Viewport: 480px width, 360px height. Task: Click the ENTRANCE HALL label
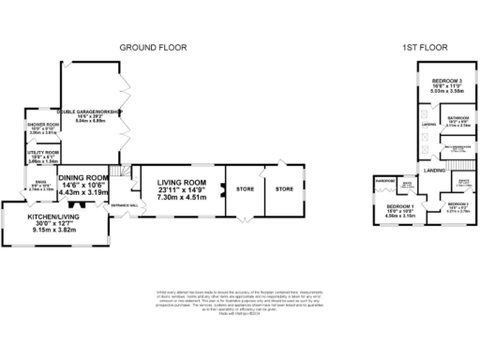[x=124, y=204]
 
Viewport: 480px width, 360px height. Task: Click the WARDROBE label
[x=384, y=179]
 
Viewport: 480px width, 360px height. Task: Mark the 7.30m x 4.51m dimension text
[x=180, y=198]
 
